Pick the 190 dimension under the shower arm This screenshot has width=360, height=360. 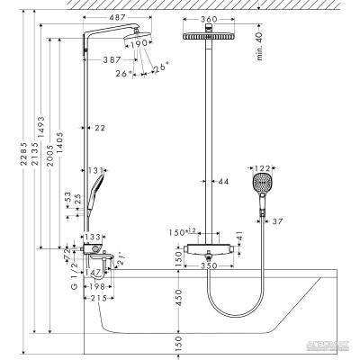coord(138,42)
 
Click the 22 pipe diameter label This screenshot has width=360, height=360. coord(100,130)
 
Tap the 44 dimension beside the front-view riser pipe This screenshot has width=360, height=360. coord(222,183)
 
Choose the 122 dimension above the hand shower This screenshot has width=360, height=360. coord(262,167)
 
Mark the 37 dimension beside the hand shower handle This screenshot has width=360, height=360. coord(278,220)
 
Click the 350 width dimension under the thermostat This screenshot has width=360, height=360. coord(209,266)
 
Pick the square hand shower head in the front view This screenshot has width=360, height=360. coord(261,185)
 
